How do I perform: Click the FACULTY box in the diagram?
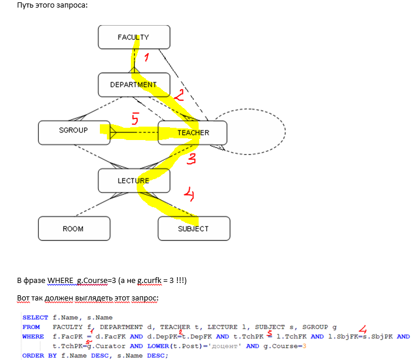134,37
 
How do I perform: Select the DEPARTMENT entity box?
134,85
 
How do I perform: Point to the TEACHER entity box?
193,132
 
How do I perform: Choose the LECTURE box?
134,180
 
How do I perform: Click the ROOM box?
74,229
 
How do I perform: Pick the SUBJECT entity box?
193,229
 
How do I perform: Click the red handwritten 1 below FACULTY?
147,58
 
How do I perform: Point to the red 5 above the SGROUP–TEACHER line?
135,120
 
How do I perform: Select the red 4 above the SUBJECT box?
188,193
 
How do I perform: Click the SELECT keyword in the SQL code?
35,317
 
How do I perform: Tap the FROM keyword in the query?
31,327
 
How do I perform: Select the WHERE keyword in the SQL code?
33,337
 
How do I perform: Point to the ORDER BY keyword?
37,355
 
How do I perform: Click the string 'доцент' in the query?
228,346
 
